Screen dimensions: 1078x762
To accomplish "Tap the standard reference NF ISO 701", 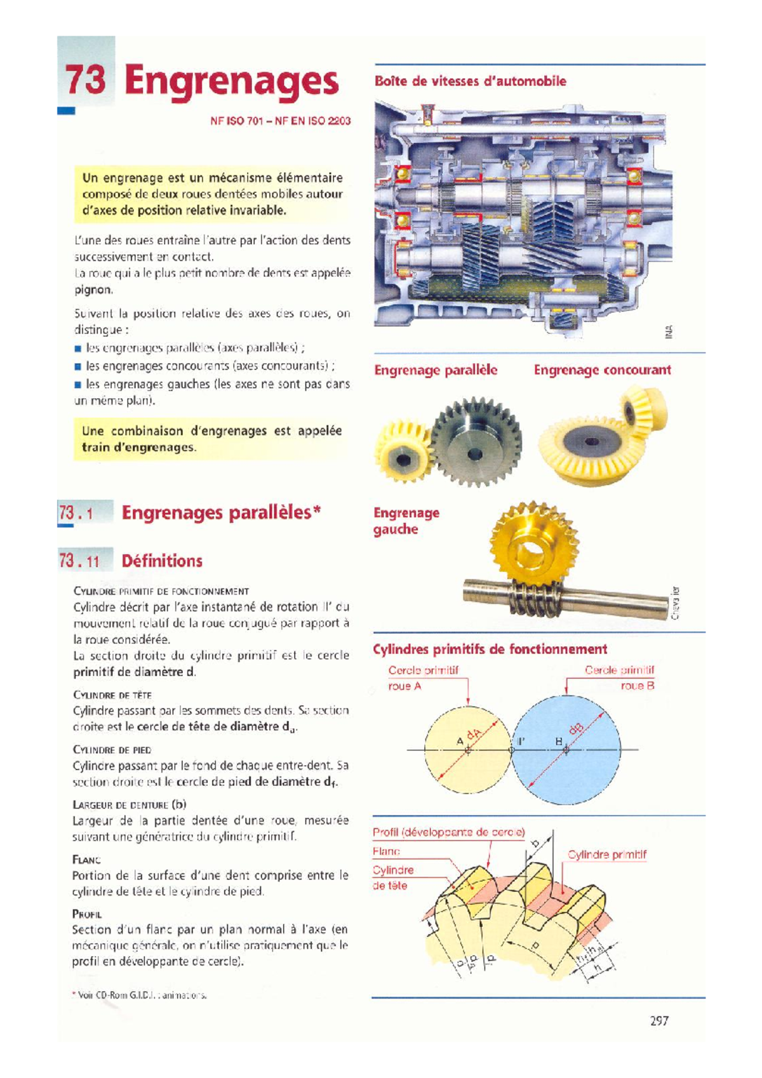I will point(236,121).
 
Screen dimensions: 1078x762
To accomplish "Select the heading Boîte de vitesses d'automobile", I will point(470,81).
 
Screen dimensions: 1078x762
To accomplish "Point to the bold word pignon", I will point(93,290).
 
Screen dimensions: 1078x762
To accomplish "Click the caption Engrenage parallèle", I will point(436,370).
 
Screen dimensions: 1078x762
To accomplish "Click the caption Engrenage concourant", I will point(602,370).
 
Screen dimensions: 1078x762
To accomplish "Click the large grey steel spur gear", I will point(477,443).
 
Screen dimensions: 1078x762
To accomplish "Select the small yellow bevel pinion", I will point(643,406).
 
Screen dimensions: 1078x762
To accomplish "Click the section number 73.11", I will point(79,561).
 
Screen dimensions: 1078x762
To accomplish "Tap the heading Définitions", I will point(162,561).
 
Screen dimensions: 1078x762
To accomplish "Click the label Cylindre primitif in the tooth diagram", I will point(607,855).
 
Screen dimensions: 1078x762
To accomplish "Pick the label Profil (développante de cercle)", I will point(448,832).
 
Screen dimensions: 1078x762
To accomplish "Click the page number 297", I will point(659,1021).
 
